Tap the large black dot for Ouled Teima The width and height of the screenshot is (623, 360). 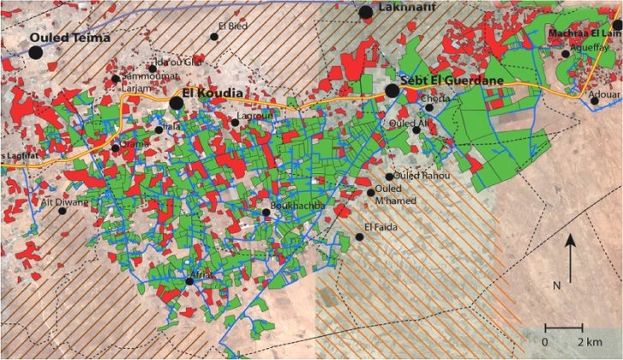[x=35, y=52]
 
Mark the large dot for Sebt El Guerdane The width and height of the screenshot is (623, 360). [x=392, y=90]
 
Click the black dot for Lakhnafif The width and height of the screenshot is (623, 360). [x=366, y=12]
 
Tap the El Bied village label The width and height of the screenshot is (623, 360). [x=234, y=26]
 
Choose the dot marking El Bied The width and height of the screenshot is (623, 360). [x=214, y=37]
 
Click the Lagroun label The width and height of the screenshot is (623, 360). [x=255, y=113]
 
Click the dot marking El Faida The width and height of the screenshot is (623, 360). [x=359, y=237]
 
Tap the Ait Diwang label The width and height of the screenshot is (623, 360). [x=64, y=202]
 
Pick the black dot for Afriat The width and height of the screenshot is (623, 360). [x=189, y=281]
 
